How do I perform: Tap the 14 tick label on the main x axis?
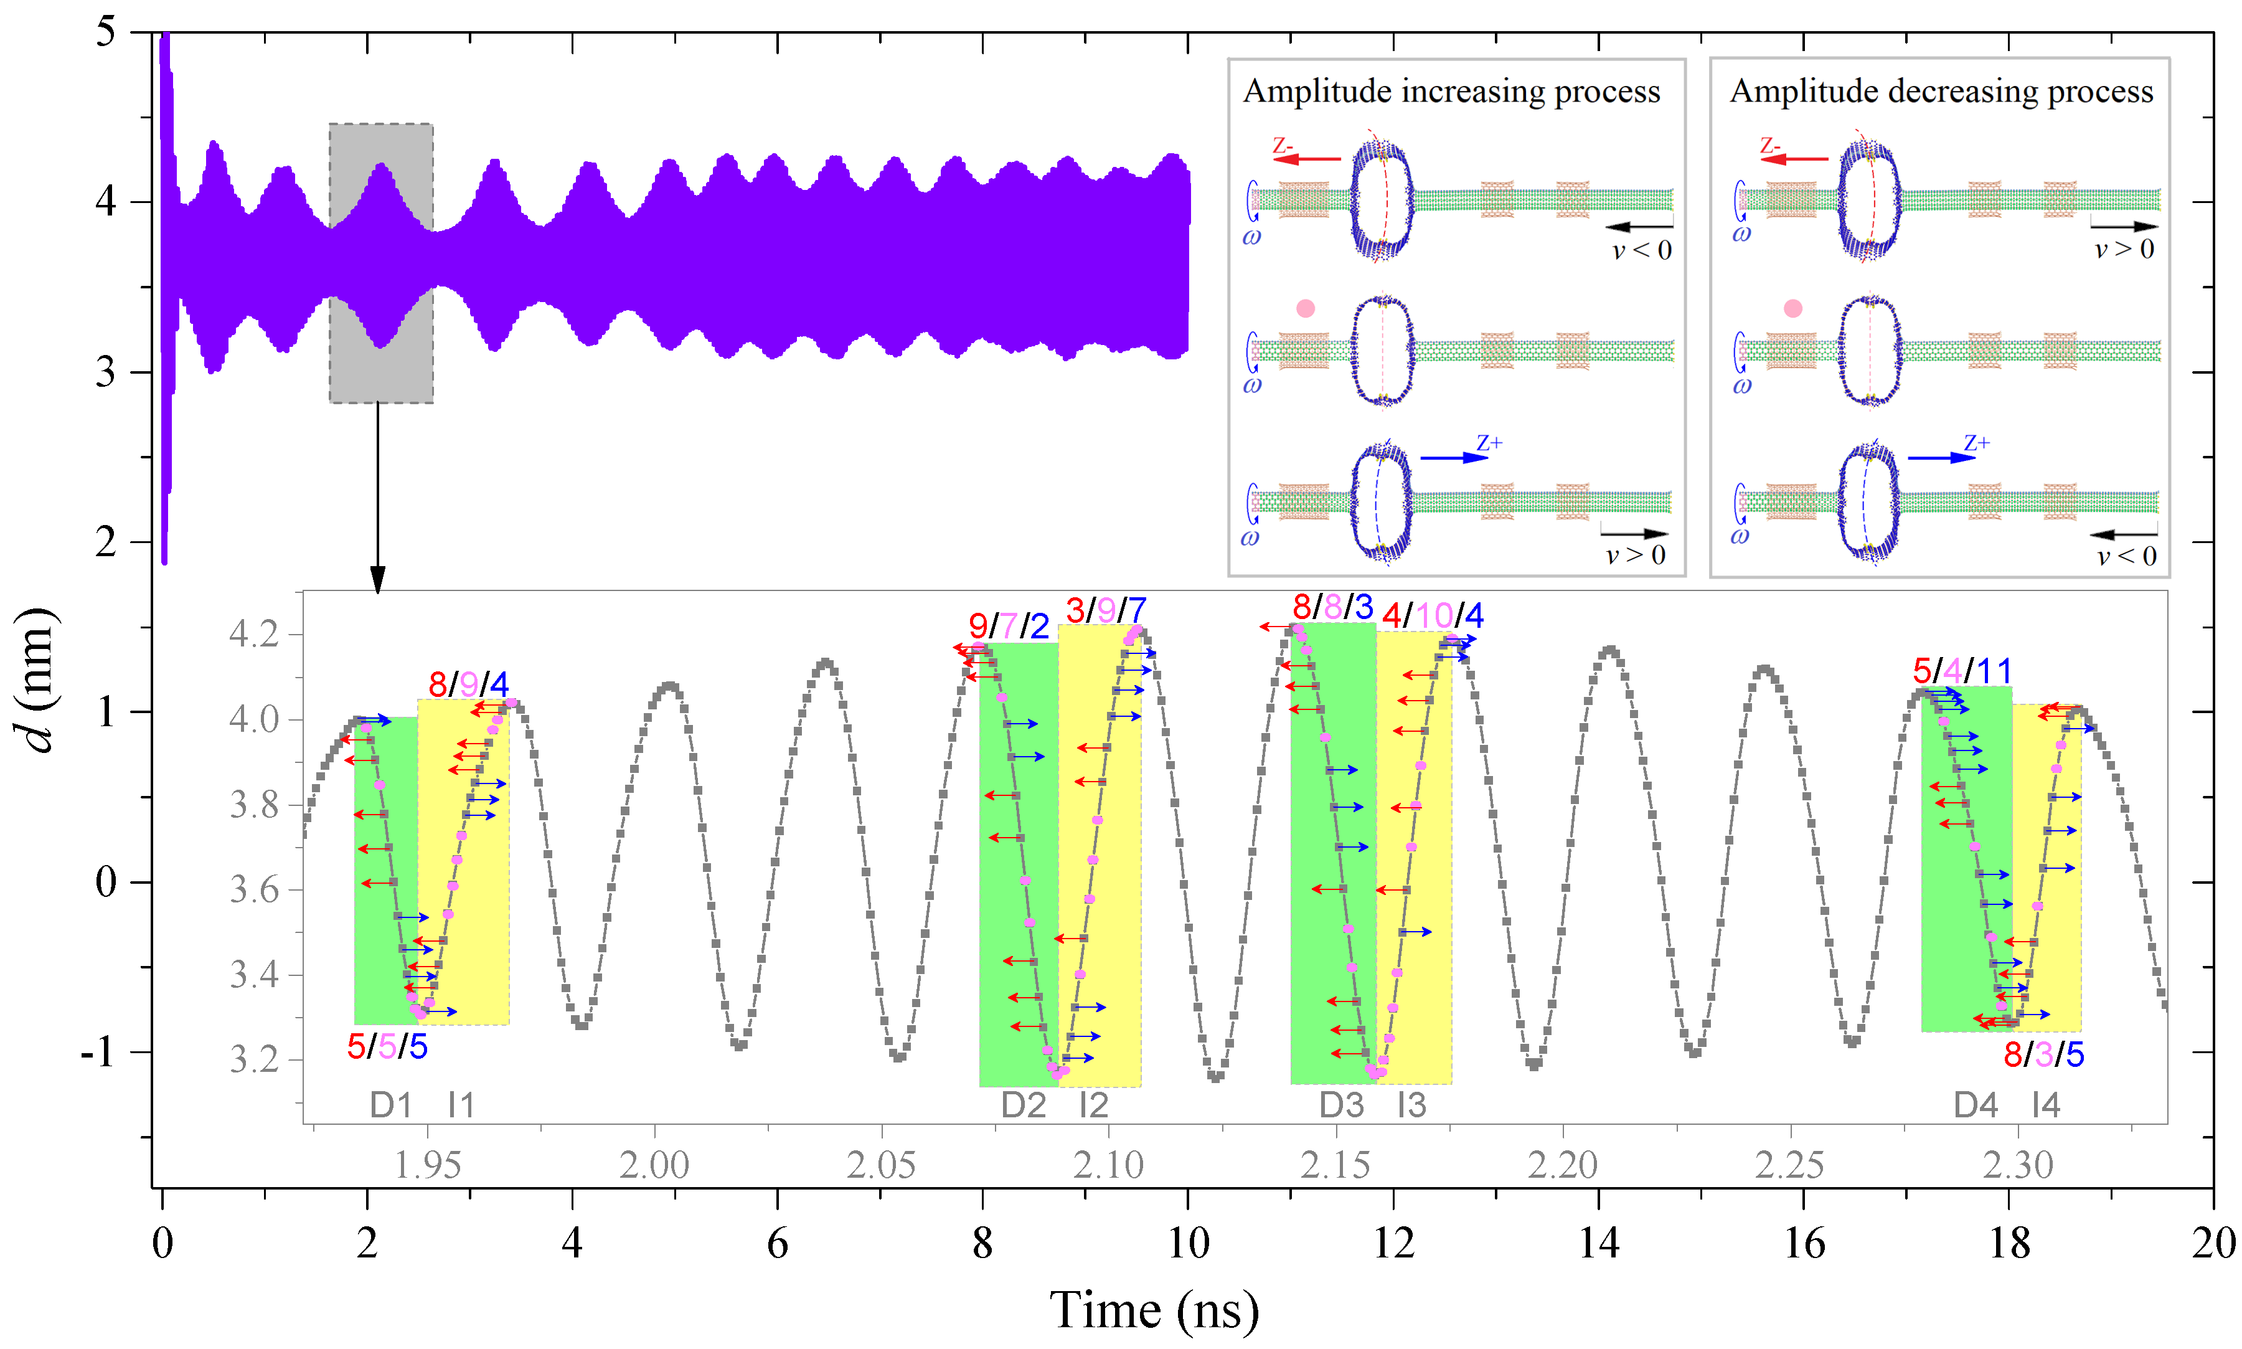click(1598, 1242)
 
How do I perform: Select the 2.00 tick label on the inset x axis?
click(654, 1165)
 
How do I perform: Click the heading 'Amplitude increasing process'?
click(1451, 92)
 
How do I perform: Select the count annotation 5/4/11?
click(1961, 671)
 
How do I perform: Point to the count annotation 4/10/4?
click(1431, 615)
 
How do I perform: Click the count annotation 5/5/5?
click(387, 1047)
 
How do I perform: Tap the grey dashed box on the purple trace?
click(381, 263)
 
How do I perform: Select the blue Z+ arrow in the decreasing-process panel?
click(1941, 457)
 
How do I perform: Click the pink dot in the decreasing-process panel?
click(1792, 309)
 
